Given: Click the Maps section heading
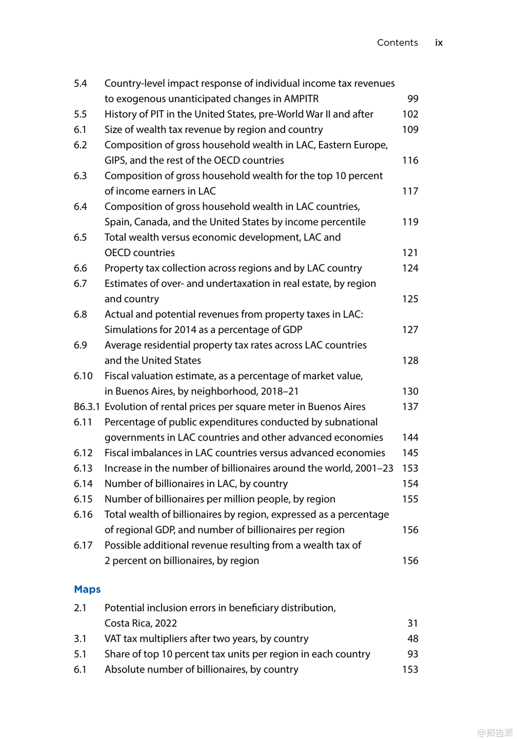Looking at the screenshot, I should point(87,589).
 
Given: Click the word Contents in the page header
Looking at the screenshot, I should point(397,43).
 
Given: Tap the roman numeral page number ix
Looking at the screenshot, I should point(439,43).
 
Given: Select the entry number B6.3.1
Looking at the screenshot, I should point(87,407).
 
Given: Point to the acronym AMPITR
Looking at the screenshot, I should point(301,99).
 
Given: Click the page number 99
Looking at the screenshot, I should point(413,99).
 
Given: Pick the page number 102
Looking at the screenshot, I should point(410,114).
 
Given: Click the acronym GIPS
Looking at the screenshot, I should point(115,161).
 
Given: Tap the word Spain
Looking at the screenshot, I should point(117,222).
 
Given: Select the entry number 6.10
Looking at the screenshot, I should point(83,376).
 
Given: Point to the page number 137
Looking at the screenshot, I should point(410,407).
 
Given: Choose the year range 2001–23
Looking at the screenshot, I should point(374,469).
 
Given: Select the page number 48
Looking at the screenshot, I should point(413,639).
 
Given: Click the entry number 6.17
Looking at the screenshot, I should point(83,545).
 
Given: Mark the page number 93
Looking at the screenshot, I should point(413,654).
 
